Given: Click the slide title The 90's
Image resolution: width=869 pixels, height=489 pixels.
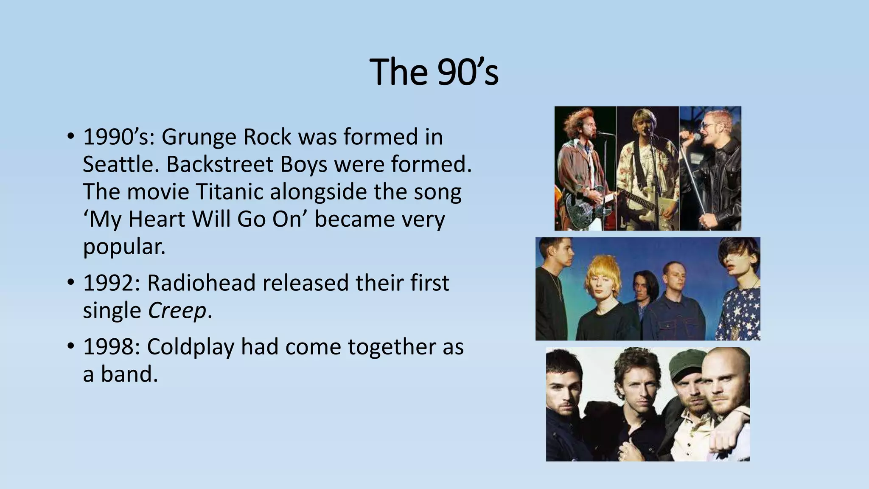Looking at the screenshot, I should coord(434,72).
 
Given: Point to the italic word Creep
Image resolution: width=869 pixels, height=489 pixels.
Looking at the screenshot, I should coord(177,311).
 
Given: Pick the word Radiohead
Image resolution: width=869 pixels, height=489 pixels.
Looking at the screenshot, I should coord(201,283).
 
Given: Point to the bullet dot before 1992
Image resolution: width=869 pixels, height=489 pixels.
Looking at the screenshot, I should coord(70,282).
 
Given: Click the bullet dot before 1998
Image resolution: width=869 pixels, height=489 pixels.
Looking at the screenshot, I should coord(70,346).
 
